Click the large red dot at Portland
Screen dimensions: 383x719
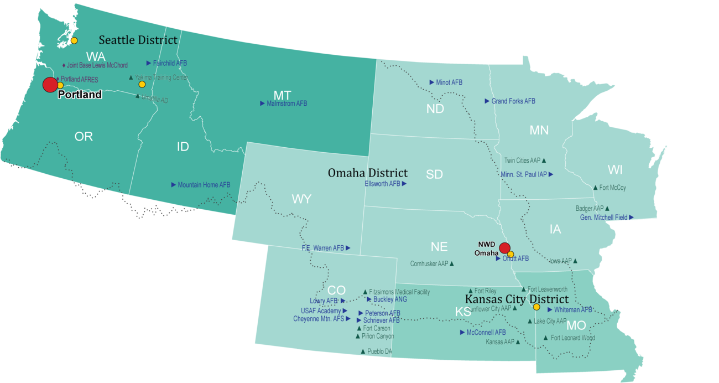point(50,85)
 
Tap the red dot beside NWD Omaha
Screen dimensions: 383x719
point(504,248)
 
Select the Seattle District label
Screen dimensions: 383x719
point(138,40)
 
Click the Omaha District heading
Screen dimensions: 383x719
point(368,173)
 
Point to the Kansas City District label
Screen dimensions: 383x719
point(517,299)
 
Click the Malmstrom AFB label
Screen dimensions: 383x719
point(286,103)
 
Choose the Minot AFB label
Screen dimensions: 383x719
point(449,82)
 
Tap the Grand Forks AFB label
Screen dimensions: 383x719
point(513,101)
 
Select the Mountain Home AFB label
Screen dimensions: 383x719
point(204,185)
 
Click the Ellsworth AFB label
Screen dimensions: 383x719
point(382,184)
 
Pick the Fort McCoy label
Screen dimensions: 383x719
point(612,188)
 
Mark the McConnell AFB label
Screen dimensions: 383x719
point(486,333)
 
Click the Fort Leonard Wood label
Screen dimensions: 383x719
point(572,338)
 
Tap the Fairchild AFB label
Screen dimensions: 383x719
point(170,63)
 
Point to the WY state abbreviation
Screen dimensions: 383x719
point(301,200)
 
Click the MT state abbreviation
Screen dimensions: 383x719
point(282,94)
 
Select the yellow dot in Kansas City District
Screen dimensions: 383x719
point(536,307)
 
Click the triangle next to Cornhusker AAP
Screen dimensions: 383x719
point(452,264)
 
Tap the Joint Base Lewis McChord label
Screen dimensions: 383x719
point(97,65)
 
